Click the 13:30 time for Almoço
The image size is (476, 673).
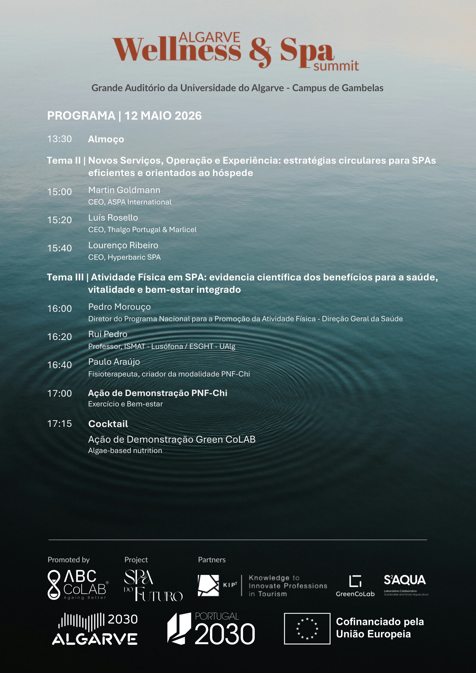tap(60, 139)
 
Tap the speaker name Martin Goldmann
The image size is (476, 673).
tap(124, 190)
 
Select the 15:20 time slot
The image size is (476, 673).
tap(60, 220)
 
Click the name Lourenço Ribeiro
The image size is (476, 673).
tap(123, 245)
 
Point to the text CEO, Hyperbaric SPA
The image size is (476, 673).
tap(124, 257)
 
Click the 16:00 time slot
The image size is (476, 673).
tap(60, 308)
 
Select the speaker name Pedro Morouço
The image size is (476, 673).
tap(119, 307)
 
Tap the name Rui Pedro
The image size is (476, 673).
tap(108, 334)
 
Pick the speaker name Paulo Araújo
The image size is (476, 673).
tap(114, 362)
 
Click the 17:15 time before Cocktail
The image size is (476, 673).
tap(60, 424)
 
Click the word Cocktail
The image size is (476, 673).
tap(108, 424)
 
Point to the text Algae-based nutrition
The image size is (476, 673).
tap(125, 450)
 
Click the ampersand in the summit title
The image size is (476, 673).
tap(260, 52)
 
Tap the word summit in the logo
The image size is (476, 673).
tap(336, 66)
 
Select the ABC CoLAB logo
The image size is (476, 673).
tap(78, 584)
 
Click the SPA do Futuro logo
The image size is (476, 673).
tap(153, 585)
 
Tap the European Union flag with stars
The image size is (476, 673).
tap(307, 628)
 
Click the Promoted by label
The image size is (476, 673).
tap(68, 560)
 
